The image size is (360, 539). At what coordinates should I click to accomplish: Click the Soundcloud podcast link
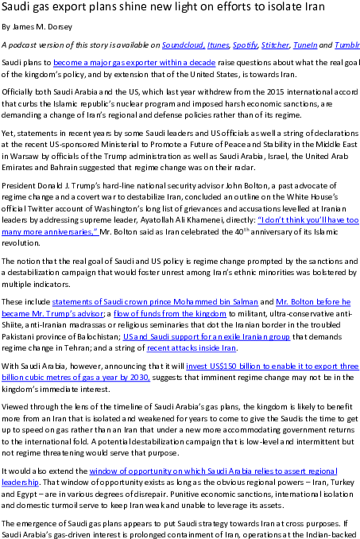click(184, 45)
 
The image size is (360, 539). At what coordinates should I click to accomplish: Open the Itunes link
click(218, 45)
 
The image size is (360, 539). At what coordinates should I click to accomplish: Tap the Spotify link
click(245, 45)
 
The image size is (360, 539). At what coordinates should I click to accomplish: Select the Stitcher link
click(275, 45)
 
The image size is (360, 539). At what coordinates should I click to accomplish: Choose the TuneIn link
click(305, 45)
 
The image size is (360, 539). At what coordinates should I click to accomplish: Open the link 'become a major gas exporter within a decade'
click(134, 63)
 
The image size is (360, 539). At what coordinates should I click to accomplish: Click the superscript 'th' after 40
click(246, 230)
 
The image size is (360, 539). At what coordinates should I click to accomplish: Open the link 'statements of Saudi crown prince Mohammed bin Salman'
click(155, 302)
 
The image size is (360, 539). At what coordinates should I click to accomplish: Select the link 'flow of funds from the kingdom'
click(170, 313)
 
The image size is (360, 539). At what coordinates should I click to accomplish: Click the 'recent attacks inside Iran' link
click(192, 348)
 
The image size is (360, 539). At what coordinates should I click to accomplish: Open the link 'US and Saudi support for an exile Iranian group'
click(207, 336)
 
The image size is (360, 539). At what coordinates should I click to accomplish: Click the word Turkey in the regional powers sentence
click(343, 483)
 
